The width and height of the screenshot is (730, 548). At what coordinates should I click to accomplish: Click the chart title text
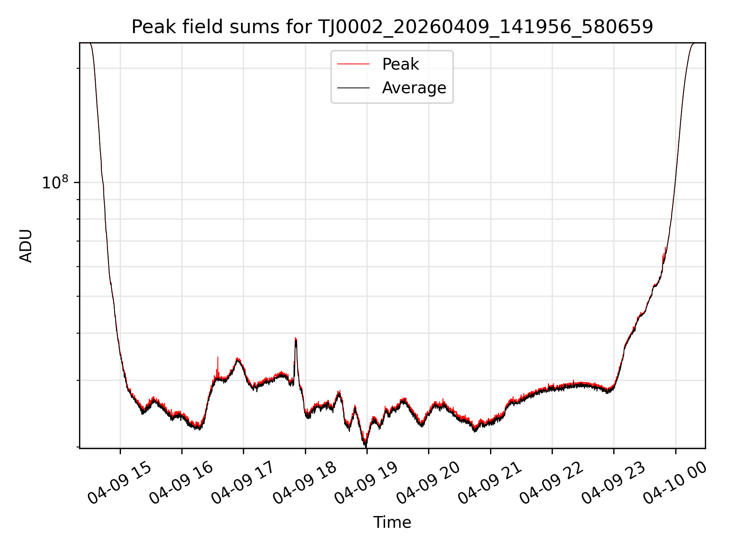point(392,27)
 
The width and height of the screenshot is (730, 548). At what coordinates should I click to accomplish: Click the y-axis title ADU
point(26,246)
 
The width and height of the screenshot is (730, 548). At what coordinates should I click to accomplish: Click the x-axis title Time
point(392,523)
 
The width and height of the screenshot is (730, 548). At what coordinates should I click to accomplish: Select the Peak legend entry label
point(400,64)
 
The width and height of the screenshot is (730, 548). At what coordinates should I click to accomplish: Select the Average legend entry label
point(414,88)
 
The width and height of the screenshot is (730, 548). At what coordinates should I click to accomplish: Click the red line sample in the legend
point(353,64)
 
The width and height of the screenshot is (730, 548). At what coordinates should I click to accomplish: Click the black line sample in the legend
point(353,88)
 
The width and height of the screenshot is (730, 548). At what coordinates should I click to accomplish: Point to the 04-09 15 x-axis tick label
point(119,482)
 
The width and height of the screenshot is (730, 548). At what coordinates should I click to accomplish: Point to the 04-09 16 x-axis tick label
point(181,482)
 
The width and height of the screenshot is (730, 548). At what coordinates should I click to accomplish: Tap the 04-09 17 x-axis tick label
point(243,482)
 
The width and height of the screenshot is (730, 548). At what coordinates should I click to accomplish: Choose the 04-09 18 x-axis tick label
point(305,482)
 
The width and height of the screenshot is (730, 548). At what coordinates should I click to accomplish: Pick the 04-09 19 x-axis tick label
point(366,482)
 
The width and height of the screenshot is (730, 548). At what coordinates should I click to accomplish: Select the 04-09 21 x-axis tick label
point(490,482)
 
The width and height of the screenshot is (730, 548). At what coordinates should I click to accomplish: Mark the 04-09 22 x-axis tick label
point(551,482)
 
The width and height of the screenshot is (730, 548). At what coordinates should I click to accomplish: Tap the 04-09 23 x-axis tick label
point(613,482)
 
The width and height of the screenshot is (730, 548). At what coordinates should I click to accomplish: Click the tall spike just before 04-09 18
point(296,338)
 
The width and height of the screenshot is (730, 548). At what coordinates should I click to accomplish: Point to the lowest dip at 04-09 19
point(365,445)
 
